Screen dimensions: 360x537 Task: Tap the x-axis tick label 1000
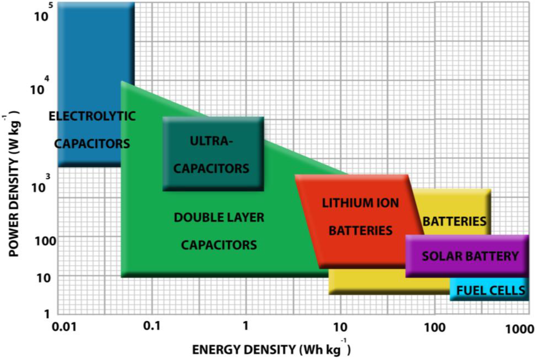519,328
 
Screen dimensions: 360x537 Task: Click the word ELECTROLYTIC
92,116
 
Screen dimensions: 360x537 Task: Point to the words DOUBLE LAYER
219,217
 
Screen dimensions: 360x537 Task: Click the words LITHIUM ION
360,202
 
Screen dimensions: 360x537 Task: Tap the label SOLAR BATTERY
470,256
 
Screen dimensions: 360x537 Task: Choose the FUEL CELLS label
490,290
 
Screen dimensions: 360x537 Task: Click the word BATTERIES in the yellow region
454,221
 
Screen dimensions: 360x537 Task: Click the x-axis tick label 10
340,328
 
